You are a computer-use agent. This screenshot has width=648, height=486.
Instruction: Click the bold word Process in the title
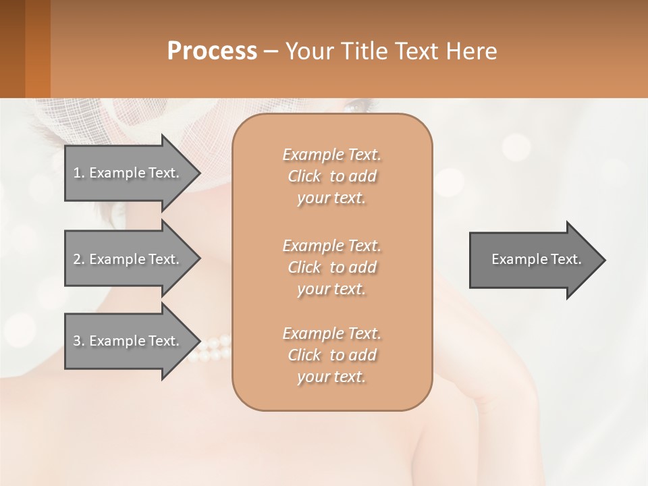click(x=212, y=51)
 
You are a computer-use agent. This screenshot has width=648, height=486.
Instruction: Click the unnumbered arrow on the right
click(x=533, y=260)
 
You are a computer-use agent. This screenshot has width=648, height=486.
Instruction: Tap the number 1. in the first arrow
click(x=79, y=173)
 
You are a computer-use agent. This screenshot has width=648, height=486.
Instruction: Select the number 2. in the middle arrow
click(x=79, y=259)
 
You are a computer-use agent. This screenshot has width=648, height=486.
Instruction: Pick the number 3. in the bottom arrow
click(x=79, y=341)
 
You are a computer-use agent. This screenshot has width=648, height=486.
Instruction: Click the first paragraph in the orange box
click(x=331, y=176)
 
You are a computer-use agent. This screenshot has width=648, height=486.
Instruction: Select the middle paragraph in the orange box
click(x=331, y=267)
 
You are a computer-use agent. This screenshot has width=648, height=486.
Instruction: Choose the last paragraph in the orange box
click(x=331, y=355)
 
